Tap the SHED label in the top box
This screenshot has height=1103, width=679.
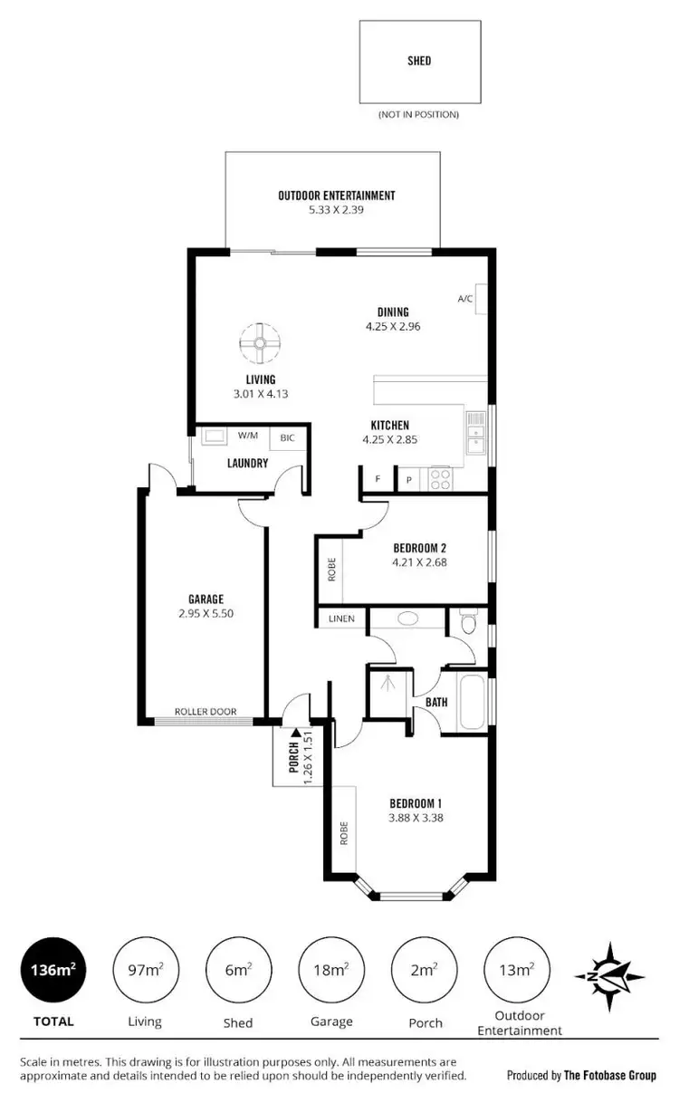pos(418,62)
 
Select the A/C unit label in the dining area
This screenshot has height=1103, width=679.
pos(465,299)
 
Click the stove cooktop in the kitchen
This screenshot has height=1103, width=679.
pos(441,478)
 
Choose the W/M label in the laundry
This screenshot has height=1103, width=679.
pos(248,436)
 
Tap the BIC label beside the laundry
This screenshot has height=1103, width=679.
pos(288,436)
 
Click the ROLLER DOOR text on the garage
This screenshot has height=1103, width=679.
pos(206,712)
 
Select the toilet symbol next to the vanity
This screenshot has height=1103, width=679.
pos(468,623)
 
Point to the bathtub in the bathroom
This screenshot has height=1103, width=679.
pos(471,699)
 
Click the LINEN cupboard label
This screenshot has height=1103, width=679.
pos(342,619)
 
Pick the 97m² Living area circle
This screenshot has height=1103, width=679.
pos(145,970)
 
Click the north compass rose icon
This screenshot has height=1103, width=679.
pos(609,976)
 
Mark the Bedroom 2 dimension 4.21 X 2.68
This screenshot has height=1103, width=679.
pos(419,562)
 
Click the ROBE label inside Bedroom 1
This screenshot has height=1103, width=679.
pos(344,832)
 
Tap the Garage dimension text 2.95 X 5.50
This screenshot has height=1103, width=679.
pos(206,613)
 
